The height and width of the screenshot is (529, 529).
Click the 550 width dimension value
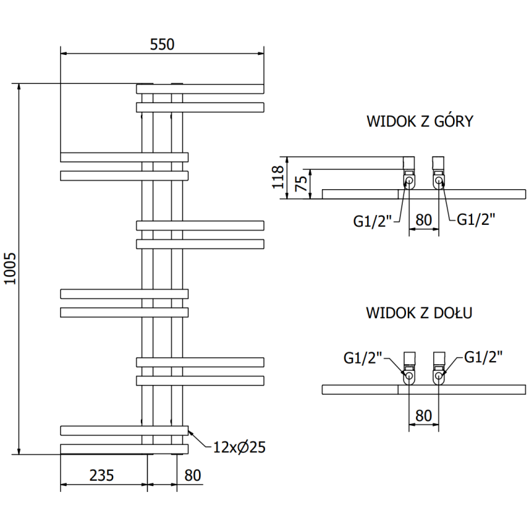pyautogui.click(x=161, y=44)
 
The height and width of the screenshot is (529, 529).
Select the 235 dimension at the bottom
pyautogui.click(x=102, y=475)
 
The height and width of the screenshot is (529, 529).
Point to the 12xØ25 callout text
pyautogui.click(x=239, y=447)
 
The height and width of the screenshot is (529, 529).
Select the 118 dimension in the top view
pyautogui.click(x=278, y=177)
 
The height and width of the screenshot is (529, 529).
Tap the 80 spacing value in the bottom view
pyautogui.click(x=423, y=415)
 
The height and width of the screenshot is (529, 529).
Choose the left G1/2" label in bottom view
pyautogui.click(x=363, y=358)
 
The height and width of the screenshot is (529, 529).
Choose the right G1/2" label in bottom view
pyautogui.click(x=483, y=357)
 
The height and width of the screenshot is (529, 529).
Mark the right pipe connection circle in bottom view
pyautogui.click(x=439, y=377)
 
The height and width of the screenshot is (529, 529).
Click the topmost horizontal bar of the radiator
pyautogui.click(x=200, y=89)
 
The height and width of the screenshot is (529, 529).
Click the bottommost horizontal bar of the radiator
pyautogui.click(x=124, y=449)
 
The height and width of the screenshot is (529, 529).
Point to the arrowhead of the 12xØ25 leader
pyautogui.click(x=190, y=431)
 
